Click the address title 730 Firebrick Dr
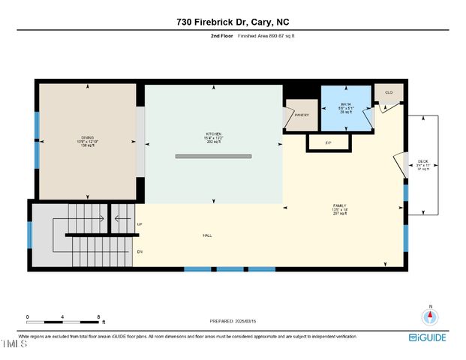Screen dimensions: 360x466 [x=233, y=22]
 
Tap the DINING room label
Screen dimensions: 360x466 [x=87, y=138]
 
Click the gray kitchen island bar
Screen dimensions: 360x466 [x=213, y=157]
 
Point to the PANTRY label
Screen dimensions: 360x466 [x=302, y=115]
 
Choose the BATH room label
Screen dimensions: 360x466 [x=346, y=104]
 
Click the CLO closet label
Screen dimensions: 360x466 [x=389, y=92]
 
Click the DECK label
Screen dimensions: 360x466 [x=422, y=160]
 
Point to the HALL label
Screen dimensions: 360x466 [x=206, y=235]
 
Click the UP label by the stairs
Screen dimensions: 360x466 [x=140, y=224]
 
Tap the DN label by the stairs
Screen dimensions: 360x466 [x=140, y=250]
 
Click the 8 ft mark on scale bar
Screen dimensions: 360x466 [x=98, y=316]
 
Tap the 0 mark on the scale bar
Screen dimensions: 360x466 [x=28, y=316]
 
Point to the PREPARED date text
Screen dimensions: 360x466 [x=233, y=321]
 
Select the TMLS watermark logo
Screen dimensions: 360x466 [x=14, y=344]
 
